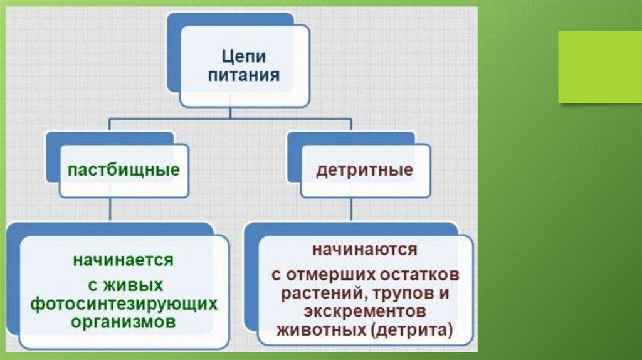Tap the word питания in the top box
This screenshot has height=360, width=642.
point(245,77)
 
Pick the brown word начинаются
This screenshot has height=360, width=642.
point(365,249)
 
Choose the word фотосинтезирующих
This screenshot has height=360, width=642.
point(124,304)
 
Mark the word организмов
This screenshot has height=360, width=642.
point(124,322)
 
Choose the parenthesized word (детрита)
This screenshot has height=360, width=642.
point(411,330)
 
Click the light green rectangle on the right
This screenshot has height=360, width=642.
point(600,67)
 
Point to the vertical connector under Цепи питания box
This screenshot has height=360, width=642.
point(231,112)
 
